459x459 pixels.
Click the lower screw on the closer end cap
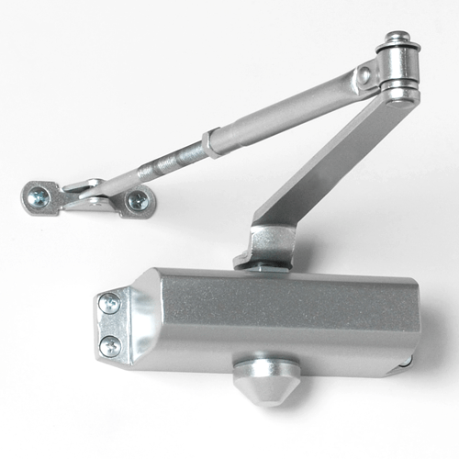click(110, 345)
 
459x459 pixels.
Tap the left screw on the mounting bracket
click(41, 195)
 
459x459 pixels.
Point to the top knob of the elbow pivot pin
click(397, 40)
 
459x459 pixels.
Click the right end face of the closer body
click(412, 330)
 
